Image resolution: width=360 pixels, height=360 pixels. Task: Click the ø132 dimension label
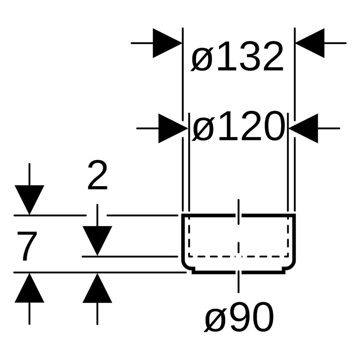(237, 56)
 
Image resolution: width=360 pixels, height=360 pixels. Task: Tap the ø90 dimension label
(239, 316)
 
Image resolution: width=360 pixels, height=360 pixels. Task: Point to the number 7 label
(27, 246)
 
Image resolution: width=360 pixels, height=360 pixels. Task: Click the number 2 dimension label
(97, 175)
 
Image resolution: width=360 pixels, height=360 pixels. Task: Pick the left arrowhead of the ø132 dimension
(167, 43)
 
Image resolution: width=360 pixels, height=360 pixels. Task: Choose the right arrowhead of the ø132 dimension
(310, 43)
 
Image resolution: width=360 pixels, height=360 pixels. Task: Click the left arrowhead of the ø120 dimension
(173, 129)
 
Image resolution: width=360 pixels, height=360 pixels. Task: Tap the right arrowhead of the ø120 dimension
(303, 129)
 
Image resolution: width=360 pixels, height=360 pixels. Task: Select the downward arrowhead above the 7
(30, 200)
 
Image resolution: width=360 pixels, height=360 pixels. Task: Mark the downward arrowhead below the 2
(97, 241)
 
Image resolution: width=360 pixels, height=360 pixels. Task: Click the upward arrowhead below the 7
(30, 288)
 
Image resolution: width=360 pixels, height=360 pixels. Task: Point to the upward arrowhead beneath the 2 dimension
(97, 288)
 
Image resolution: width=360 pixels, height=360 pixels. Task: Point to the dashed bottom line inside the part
(238, 256)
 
